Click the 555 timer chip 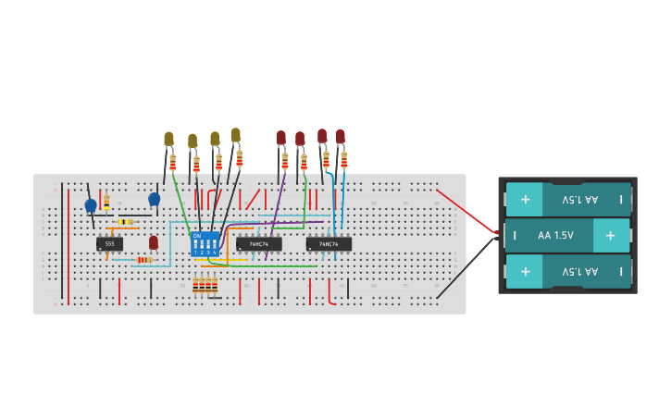109,244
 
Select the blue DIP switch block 205,244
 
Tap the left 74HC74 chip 259,244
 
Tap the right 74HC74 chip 329,244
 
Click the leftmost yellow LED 168,140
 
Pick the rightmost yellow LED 235,135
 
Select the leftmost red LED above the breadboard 281,138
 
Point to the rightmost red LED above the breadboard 340,136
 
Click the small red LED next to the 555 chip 154,242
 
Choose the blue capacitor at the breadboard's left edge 91,206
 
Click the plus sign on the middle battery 610,236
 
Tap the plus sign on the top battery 525,199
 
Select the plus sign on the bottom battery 525,272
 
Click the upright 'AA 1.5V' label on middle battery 555,236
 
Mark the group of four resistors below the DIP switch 205,285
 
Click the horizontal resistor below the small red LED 143,260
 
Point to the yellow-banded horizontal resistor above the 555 125,222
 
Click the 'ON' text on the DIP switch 196,236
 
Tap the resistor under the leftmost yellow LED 172,163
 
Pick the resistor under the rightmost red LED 343,160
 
